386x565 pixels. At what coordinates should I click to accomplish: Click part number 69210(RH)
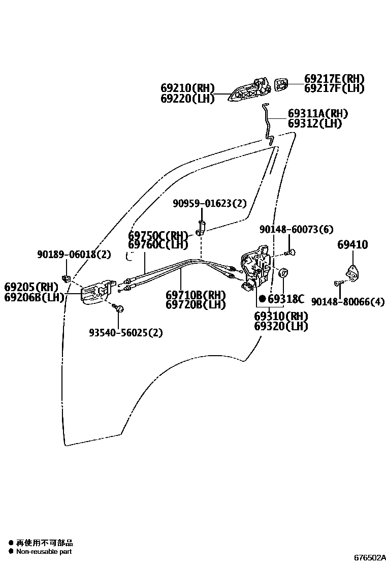coord(187,88)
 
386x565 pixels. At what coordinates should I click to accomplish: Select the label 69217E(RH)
coord(334,79)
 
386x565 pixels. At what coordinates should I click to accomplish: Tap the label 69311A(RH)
coord(318,114)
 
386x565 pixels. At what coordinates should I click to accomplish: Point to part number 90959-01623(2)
coord(209,204)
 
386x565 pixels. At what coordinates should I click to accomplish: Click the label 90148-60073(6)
coord(296,230)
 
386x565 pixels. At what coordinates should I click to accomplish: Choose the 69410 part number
coord(352,245)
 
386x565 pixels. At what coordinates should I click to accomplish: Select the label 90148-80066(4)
coord(348,302)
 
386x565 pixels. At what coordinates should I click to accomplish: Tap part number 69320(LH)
coord(281,326)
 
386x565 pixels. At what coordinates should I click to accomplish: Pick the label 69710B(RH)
coord(196,295)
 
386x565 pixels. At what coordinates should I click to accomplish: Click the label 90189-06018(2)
coord(74,255)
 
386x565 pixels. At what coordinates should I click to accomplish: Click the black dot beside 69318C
coord(262,299)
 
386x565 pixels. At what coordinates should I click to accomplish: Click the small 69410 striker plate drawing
coord(350,274)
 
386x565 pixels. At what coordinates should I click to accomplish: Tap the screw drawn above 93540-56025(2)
coord(119,308)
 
